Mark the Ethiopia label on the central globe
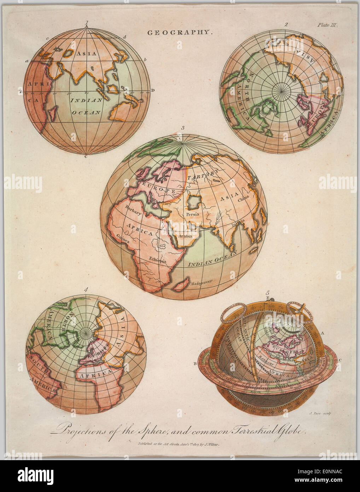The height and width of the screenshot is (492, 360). click(158, 260)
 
